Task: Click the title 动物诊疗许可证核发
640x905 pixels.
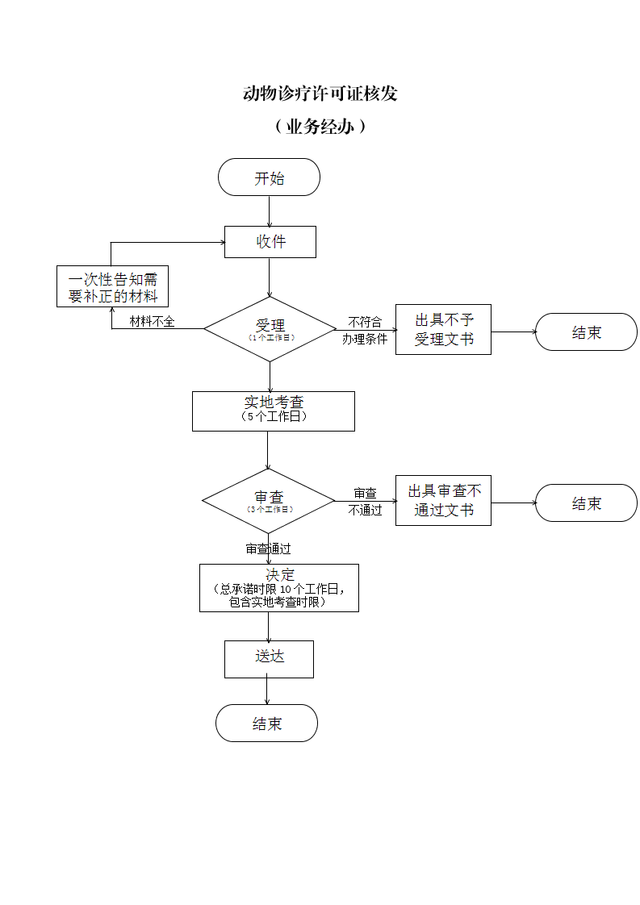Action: [320, 94]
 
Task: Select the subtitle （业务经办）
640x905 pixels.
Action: [320, 127]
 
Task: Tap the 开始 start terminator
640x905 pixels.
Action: [269, 177]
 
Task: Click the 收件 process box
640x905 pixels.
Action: [270, 242]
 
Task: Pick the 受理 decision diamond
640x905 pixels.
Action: [270, 329]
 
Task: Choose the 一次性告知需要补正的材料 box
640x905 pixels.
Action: [112, 287]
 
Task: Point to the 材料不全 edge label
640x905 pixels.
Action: [152, 322]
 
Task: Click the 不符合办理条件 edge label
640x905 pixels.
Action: [365, 331]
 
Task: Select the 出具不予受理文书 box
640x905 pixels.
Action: [443, 330]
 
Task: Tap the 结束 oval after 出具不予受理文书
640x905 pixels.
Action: [586, 332]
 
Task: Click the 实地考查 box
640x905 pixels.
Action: [273, 411]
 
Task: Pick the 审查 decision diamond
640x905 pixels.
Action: [268, 501]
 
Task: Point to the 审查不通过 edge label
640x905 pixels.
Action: [365, 502]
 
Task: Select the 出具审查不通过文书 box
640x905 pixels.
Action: [443, 501]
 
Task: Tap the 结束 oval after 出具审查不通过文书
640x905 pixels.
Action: [586, 503]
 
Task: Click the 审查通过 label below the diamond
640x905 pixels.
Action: [268, 548]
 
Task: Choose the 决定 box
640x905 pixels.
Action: [278, 588]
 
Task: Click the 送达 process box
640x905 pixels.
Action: [269, 659]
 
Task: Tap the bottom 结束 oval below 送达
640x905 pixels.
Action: [266, 724]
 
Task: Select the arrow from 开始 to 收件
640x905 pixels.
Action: [269, 211]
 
